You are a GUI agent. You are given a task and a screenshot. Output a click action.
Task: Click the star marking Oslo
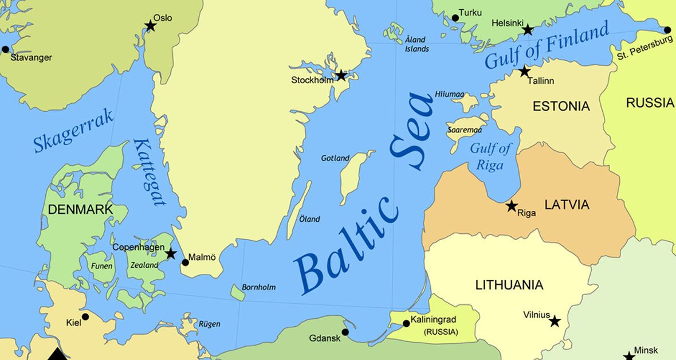point(150,26)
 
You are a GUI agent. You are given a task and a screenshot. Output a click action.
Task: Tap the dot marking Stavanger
point(6,49)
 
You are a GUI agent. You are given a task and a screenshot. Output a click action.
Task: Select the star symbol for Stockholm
point(341,75)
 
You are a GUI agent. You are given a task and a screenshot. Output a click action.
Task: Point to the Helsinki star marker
point(528,29)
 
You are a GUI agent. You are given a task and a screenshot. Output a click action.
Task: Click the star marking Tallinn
point(524,72)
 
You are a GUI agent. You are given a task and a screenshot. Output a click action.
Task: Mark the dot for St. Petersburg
point(667,30)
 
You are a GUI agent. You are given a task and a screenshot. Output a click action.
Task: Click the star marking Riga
point(512,206)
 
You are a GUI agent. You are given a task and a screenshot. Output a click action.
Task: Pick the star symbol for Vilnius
point(555,321)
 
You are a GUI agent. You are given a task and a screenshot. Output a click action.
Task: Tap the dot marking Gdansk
point(345,332)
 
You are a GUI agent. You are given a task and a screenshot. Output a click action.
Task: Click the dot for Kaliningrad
point(406,323)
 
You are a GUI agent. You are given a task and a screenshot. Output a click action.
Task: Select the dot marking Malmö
point(185,263)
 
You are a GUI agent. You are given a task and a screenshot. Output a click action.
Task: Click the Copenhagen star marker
point(170,253)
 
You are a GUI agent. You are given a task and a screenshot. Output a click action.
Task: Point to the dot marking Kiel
point(85,316)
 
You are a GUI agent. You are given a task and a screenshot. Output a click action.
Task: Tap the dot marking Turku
point(455,18)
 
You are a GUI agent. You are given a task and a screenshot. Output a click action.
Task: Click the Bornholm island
point(238,293)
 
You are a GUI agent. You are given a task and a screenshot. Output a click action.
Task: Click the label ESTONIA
point(561,106)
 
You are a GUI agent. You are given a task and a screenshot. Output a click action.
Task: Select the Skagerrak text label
point(73,131)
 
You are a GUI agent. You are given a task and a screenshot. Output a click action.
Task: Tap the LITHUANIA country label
point(509,285)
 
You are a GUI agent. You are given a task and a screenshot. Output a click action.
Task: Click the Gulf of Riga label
point(490,156)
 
